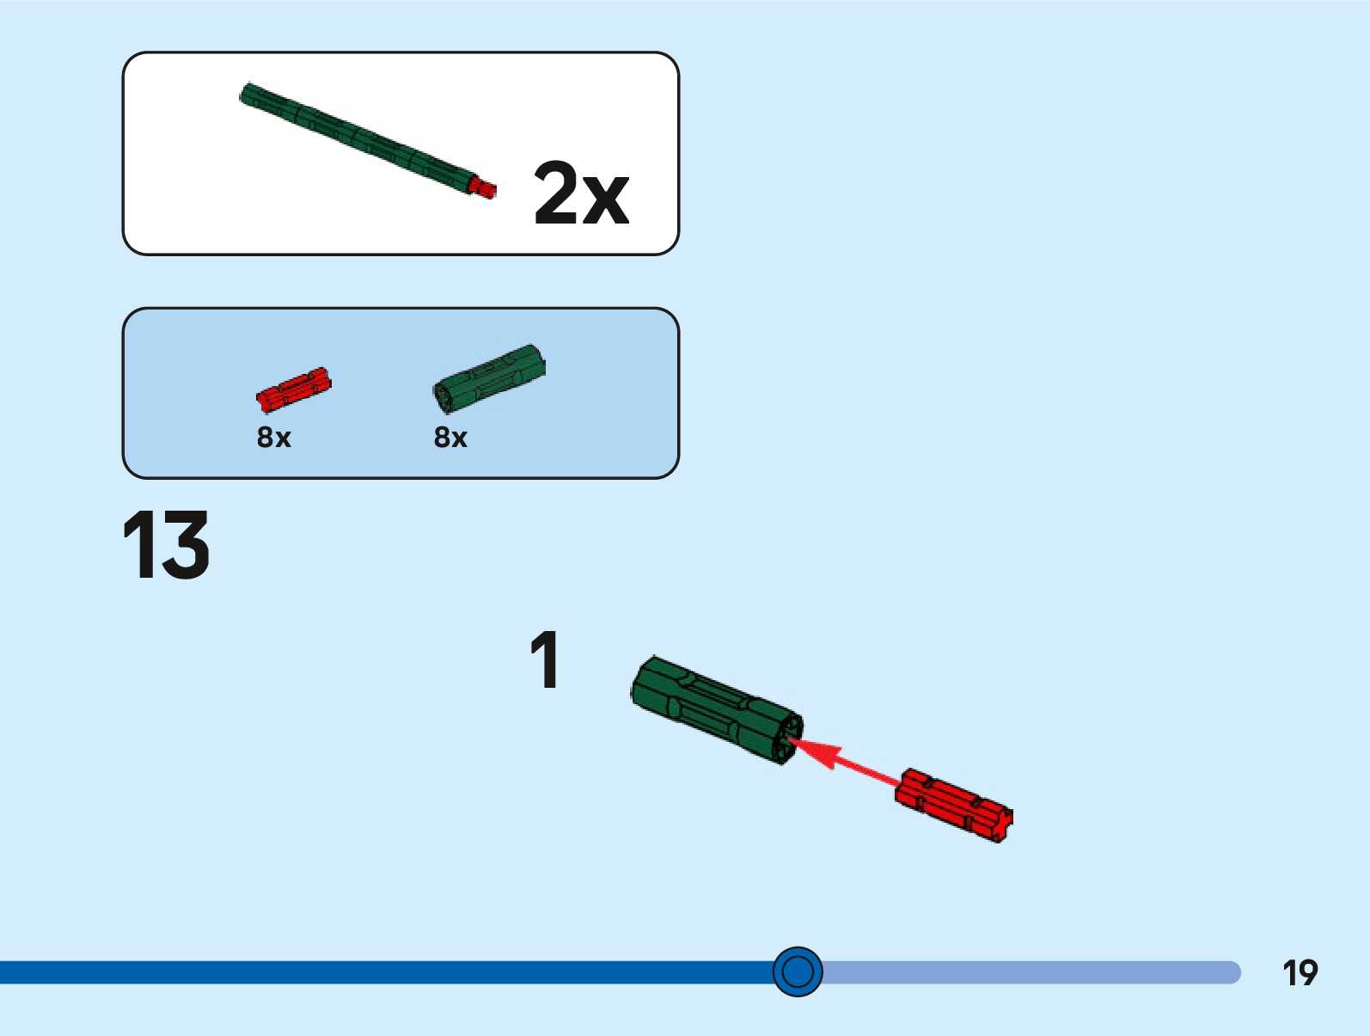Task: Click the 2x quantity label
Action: coord(581,193)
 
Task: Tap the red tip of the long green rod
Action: coord(486,188)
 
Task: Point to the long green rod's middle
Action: coord(361,138)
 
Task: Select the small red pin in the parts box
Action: coord(294,389)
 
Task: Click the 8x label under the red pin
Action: coord(274,438)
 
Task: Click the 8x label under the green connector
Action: coord(450,438)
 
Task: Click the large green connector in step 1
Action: coord(713,708)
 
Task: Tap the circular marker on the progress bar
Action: coord(798,972)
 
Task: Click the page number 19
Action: coord(1300,973)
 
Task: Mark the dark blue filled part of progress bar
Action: coord(387,972)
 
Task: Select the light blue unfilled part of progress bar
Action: coord(1031,972)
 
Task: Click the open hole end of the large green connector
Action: coord(786,739)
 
